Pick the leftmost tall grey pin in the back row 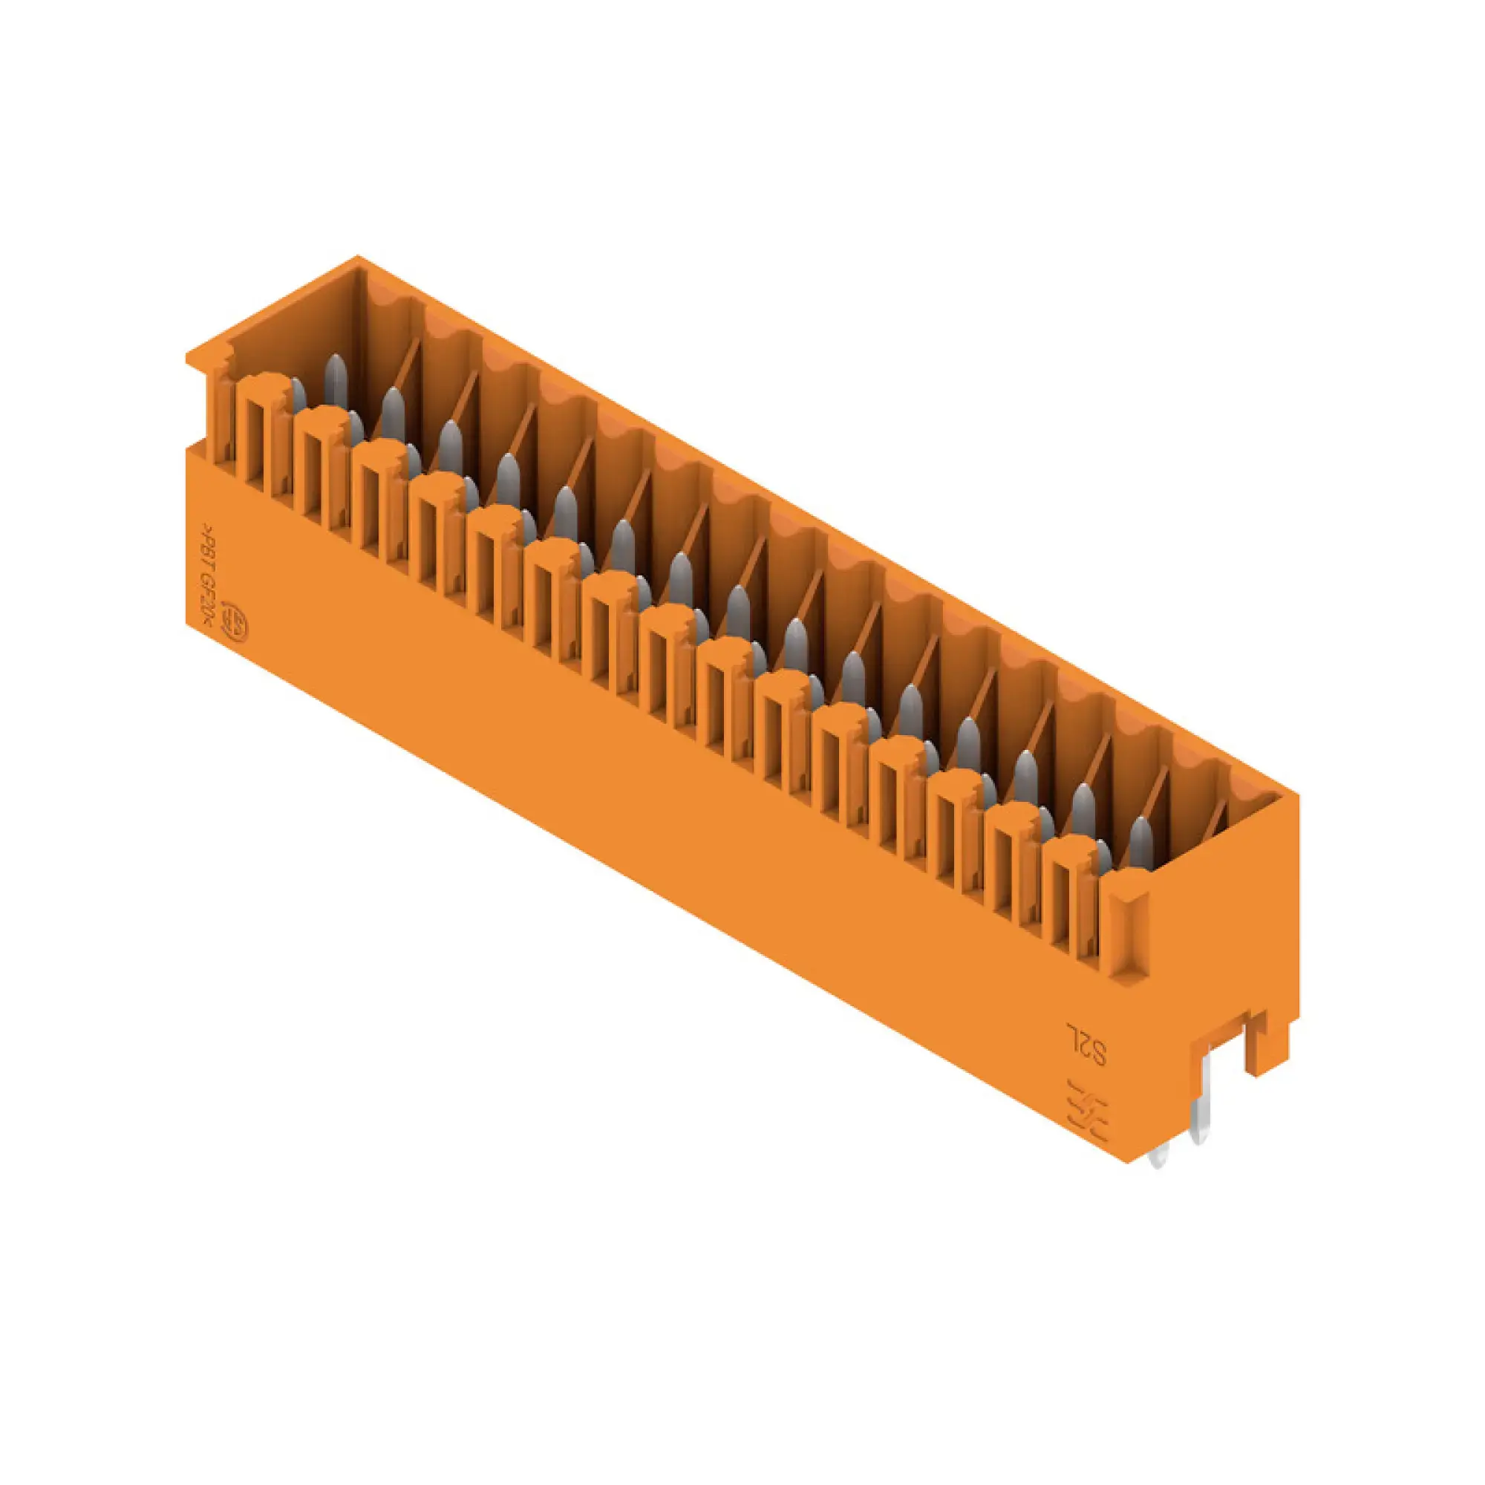[335, 379]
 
